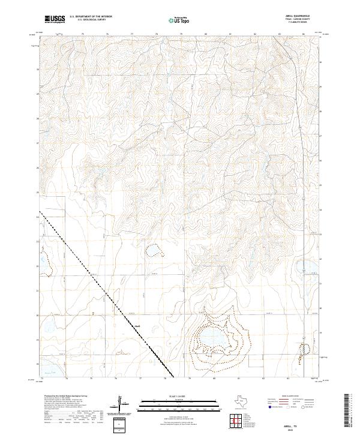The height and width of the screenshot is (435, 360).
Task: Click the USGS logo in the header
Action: pos(55,19)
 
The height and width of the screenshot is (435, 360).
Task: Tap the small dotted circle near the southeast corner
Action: pos(307,348)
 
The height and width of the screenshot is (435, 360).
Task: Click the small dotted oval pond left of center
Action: pos(157,249)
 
